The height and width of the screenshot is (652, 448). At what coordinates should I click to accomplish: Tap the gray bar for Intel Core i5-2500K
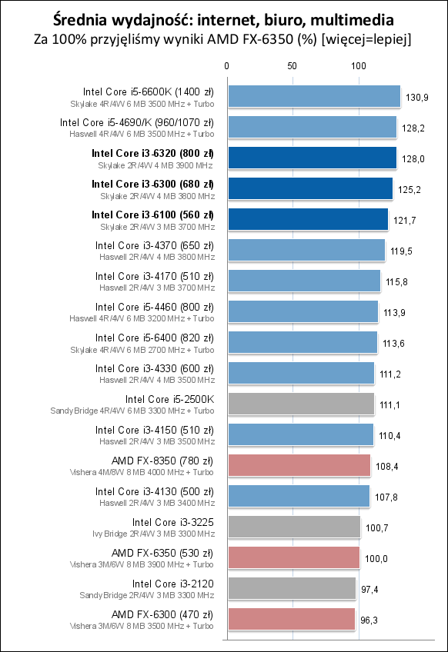299,404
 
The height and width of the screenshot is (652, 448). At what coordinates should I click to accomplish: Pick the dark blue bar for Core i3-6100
306,219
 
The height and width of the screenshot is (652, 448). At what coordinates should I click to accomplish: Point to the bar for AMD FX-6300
290,619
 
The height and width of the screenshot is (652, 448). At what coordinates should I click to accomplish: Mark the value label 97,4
372,589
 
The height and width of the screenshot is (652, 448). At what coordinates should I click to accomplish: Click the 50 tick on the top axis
292,67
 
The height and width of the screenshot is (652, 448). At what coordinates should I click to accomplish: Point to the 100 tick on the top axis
358,67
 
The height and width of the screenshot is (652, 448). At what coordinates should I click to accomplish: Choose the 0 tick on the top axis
226,67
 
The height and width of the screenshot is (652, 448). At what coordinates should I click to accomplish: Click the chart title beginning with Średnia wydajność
224,18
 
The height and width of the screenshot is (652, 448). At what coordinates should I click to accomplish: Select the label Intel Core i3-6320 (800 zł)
152,153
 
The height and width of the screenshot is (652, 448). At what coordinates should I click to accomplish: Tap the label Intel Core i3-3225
173,522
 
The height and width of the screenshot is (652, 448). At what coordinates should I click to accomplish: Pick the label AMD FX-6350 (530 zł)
162,553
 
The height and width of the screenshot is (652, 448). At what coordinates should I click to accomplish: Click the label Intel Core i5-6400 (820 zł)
155,338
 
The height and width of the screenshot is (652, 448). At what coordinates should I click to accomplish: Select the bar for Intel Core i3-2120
291,588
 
